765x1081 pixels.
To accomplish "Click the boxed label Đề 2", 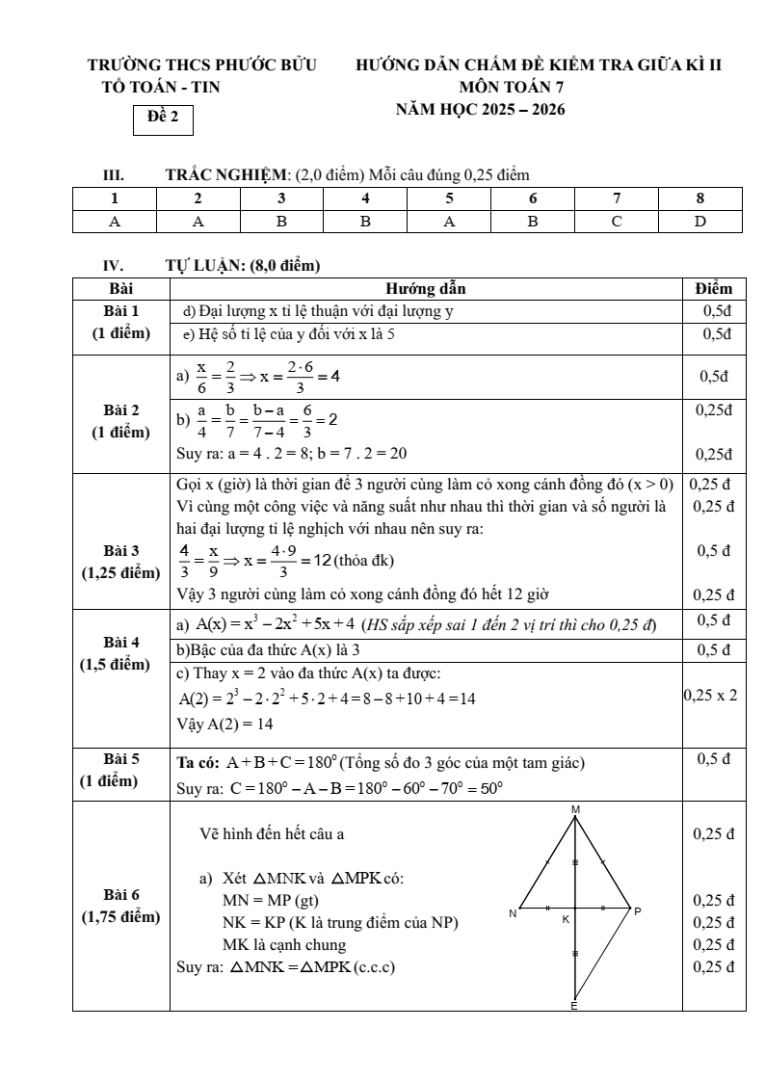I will coord(163,118).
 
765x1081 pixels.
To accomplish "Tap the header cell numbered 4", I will coord(365,198).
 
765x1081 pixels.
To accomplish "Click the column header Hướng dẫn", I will coord(427,288).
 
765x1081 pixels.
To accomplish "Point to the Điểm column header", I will coord(713,288).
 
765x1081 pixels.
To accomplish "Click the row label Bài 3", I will coord(121,550).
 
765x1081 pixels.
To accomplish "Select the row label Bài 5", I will coord(121,758).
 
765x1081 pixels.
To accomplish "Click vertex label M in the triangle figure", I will coord(575,809).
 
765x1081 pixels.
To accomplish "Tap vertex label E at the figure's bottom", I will coord(574,1006).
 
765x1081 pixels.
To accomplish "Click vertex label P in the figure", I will coord(637,911).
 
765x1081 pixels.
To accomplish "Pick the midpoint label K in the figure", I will coord(566,920).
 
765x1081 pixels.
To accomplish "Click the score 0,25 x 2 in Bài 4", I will coord(711,694).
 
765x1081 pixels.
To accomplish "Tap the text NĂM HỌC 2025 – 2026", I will coord(480,109).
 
